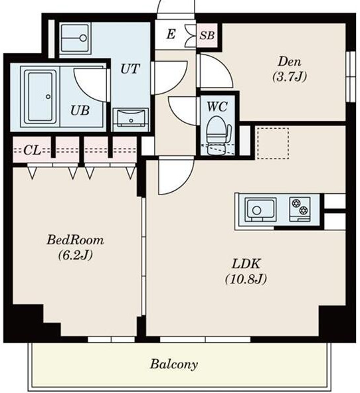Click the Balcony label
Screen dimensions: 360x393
coord(174,364)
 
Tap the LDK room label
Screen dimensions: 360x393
coord(246,264)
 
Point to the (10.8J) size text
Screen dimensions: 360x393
coord(246,279)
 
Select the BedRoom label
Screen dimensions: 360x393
coord(75,240)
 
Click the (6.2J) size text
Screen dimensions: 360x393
coord(76,255)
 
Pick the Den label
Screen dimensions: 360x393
coord(290,62)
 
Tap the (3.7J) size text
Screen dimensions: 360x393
coord(290,77)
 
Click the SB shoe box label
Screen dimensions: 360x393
coord(207,35)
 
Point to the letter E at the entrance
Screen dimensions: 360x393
coord(171,35)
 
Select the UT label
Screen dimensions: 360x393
coord(130,68)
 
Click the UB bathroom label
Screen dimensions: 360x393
coord(80,110)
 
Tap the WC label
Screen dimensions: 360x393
coord(217,107)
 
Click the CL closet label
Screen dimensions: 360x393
coord(32,151)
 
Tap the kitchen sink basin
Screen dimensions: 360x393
coord(261,210)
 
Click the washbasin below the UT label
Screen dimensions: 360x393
coord(131,118)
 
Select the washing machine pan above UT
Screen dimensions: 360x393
coord(75,38)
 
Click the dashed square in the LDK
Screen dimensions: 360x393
coord(273,143)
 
